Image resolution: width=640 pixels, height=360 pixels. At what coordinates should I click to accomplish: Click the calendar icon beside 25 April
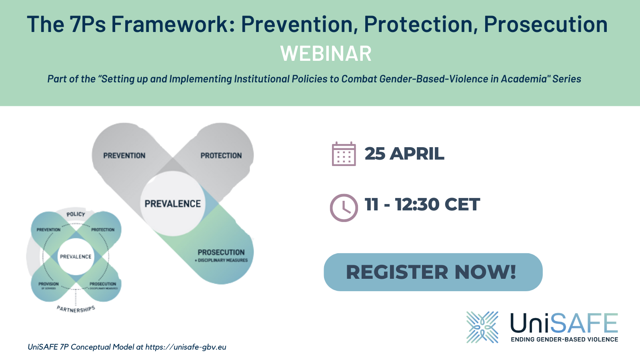[344, 154]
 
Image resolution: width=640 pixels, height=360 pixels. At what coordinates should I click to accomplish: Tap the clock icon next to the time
[344, 208]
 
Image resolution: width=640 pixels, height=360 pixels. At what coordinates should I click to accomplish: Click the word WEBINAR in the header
[326, 54]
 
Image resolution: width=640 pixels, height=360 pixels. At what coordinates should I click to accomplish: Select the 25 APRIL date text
[404, 154]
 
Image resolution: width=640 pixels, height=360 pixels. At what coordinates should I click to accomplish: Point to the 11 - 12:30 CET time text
[422, 204]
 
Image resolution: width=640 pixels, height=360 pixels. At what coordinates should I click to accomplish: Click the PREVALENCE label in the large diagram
[172, 204]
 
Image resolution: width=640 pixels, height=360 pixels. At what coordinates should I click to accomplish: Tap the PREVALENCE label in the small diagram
[76, 256]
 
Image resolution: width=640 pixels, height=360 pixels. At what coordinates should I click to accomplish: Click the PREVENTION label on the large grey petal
[124, 156]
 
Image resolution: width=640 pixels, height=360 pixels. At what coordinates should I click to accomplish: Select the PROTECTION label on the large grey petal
[221, 156]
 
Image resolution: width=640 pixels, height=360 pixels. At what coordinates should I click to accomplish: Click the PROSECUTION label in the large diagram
[221, 252]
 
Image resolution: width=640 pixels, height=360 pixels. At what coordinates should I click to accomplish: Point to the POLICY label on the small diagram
[76, 214]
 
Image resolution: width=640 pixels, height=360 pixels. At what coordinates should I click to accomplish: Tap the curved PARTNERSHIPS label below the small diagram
[76, 309]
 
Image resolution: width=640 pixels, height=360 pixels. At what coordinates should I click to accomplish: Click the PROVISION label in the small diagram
[48, 284]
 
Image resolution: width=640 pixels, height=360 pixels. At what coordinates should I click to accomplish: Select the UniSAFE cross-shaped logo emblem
[482, 327]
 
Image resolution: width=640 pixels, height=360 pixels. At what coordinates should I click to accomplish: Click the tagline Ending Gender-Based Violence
[564, 340]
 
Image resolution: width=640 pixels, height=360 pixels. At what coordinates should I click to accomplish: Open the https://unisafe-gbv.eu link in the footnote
[186, 347]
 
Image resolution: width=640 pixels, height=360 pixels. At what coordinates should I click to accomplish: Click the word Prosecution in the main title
[546, 24]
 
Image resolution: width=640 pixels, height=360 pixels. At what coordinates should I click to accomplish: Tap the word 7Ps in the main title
[87, 24]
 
